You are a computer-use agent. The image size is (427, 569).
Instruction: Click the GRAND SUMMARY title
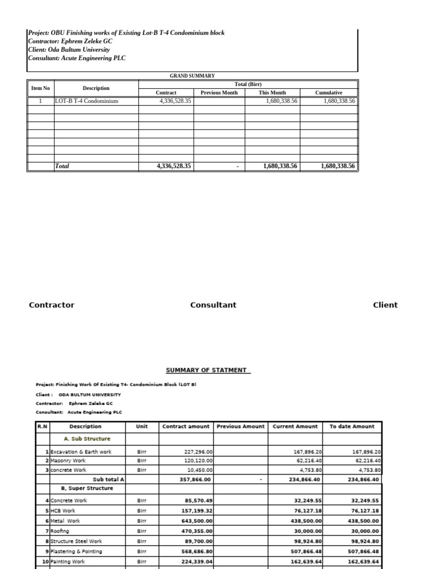[192, 76]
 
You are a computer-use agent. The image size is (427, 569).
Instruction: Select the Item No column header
[40, 88]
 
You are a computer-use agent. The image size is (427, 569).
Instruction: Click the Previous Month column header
[219, 92]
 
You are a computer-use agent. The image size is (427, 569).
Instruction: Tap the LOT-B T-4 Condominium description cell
[87, 101]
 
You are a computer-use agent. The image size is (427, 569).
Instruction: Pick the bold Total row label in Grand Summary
[62, 166]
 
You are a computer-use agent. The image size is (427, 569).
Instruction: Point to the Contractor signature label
[51, 305]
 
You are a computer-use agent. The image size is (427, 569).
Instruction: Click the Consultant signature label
[213, 305]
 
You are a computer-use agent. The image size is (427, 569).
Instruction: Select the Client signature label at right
[385, 305]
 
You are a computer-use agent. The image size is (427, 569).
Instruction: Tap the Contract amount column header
[186, 426]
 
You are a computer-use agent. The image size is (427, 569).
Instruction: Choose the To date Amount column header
[352, 426]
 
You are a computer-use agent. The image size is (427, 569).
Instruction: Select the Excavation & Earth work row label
[81, 452]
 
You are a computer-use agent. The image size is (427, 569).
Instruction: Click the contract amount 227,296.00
[198, 452]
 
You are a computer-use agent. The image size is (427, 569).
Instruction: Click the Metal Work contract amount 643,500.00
[196, 521]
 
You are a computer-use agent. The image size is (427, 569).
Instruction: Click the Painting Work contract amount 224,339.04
[196, 561]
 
